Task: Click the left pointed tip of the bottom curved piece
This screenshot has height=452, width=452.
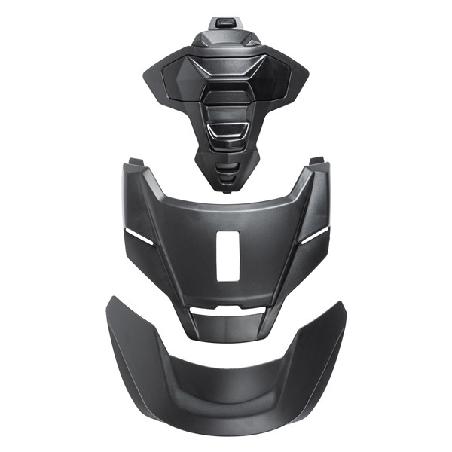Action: [111, 301]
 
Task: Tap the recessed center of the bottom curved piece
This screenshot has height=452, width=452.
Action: [226, 384]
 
